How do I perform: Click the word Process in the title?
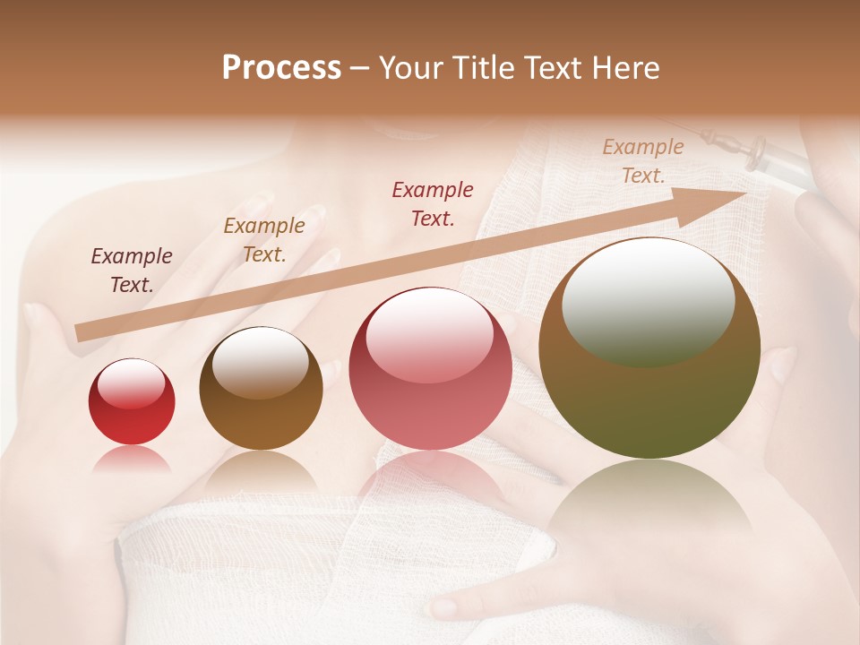[281, 68]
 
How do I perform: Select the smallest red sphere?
[132, 401]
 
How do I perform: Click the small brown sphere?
[261, 388]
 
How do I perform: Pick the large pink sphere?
[430, 368]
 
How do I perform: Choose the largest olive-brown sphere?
[649, 348]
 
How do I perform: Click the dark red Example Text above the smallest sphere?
[132, 271]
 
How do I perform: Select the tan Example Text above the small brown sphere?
[264, 240]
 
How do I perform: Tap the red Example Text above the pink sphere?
[433, 203]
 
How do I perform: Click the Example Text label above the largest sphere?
[643, 161]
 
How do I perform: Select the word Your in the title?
[408, 68]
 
